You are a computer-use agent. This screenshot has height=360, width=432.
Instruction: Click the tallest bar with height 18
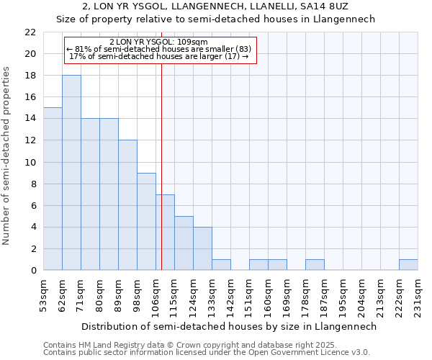tap(71, 173)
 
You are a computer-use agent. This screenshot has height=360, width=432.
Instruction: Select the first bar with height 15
tap(53, 189)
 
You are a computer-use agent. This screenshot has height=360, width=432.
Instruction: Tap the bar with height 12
tap(127, 205)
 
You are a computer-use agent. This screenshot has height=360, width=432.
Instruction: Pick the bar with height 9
tap(146, 222)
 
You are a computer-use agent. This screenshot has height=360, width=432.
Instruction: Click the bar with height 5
tap(184, 243)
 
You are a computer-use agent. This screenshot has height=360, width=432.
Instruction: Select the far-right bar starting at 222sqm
tap(408, 265)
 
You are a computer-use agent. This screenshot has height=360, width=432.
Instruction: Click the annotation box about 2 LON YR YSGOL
tap(161, 49)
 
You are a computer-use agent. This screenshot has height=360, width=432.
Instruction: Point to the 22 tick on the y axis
tap(30, 32)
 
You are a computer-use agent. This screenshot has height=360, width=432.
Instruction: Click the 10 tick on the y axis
tap(30, 163)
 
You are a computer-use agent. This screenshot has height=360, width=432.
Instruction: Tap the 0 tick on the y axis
tap(33, 271)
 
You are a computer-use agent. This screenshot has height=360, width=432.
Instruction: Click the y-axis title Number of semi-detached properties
tap(7, 156)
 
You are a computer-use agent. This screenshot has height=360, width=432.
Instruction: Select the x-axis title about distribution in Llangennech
tap(229, 326)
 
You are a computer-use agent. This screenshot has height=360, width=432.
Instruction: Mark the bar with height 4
tap(202, 248)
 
